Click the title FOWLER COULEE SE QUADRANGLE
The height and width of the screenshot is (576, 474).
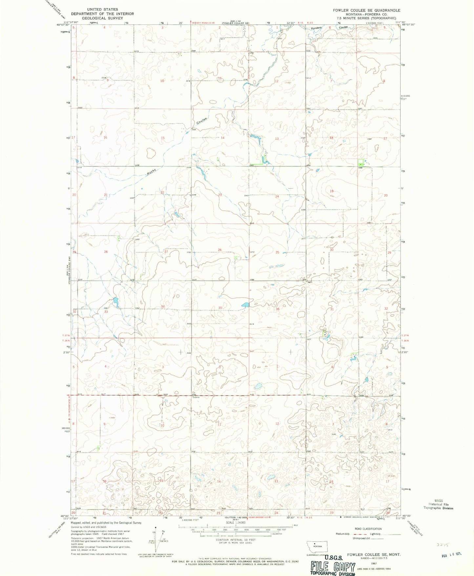[x=366, y=10]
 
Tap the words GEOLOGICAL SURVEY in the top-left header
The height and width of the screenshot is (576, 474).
[x=102, y=18]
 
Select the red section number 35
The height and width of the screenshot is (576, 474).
[x=220, y=308]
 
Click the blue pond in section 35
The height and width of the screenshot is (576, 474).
[x=245, y=305]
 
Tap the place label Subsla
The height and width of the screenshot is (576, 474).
[x=196, y=397]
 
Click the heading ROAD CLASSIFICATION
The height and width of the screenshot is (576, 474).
[x=368, y=529]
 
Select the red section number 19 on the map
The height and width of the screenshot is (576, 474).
[x=332, y=191]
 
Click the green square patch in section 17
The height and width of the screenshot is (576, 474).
[x=361, y=162]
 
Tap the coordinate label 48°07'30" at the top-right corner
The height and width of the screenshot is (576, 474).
[x=409, y=24]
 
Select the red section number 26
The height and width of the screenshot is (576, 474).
[x=219, y=250]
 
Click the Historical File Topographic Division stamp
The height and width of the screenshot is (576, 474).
[x=438, y=505]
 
